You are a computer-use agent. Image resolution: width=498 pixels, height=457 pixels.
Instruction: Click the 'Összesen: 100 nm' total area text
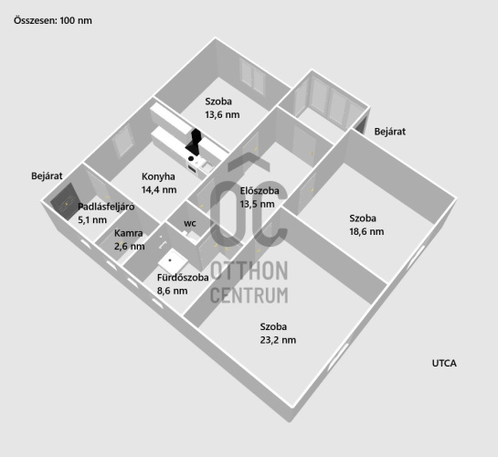[53, 21]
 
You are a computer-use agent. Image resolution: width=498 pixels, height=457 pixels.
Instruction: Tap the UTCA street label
[444, 363]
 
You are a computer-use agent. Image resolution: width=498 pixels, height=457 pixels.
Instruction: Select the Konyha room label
[158, 176]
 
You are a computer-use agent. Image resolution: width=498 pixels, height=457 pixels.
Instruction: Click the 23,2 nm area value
[278, 340]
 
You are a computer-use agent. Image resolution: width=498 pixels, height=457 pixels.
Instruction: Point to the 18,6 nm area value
[366, 231]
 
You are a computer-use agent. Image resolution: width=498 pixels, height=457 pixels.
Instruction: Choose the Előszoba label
[260, 190]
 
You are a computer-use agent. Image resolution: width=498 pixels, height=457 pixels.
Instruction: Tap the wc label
[190, 224]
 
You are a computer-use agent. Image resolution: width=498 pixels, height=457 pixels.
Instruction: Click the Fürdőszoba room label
[183, 278]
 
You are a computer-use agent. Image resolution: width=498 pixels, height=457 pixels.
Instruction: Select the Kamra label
[128, 233]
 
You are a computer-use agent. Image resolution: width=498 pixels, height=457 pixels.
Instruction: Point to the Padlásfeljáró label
[106, 207]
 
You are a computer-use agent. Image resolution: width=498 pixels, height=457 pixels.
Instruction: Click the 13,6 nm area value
[222, 114]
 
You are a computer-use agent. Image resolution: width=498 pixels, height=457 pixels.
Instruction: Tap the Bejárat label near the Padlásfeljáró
[47, 175]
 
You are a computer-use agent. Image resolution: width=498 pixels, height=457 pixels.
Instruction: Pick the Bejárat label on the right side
[389, 132]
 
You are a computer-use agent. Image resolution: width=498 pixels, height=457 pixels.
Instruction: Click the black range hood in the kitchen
[195, 142]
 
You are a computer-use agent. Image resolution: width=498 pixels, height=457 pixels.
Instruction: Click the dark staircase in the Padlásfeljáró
[65, 202]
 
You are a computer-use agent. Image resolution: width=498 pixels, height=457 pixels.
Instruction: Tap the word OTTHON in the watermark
[249, 271]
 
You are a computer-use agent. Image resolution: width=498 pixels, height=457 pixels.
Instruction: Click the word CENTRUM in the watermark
[249, 295]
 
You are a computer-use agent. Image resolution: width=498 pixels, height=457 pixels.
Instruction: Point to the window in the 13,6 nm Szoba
[253, 76]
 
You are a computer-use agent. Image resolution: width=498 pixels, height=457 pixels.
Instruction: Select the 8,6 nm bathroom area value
[172, 291]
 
